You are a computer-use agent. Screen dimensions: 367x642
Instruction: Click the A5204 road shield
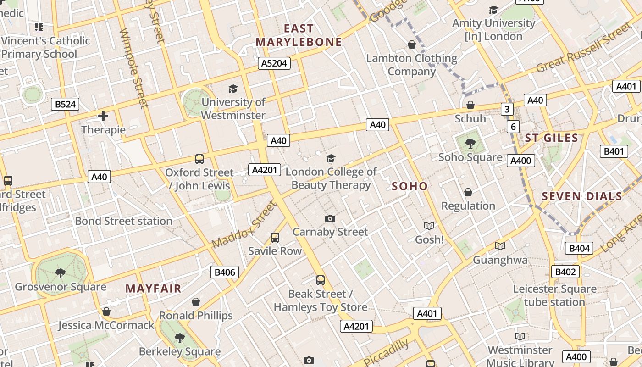point(274,63)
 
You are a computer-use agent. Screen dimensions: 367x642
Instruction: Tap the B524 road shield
point(65,104)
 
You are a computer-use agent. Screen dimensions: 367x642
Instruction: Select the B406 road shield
point(225,272)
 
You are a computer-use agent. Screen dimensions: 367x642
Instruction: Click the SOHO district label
point(410,186)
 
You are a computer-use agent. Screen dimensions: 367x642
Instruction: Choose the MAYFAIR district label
point(153,289)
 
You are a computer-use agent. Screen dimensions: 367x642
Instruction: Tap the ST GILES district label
point(551,138)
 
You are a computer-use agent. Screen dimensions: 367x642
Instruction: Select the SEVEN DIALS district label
point(581,196)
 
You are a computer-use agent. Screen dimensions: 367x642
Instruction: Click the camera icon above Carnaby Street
point(330,218)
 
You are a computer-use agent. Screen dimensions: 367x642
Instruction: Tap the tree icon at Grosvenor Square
point(60,273)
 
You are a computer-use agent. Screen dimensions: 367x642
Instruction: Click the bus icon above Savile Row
point(275,238)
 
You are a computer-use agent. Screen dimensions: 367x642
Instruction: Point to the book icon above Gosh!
point(429,226)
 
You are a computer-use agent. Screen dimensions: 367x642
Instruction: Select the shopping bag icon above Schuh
point(470,105)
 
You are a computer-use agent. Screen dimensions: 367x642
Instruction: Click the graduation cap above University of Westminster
point(233,89)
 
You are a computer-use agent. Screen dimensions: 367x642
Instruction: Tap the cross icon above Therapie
point(103,116)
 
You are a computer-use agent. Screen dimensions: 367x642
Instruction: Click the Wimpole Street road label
point(134,68)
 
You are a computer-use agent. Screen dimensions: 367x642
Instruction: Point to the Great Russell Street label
point(583,48)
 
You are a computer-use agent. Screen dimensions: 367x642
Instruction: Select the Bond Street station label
point(124,221)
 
